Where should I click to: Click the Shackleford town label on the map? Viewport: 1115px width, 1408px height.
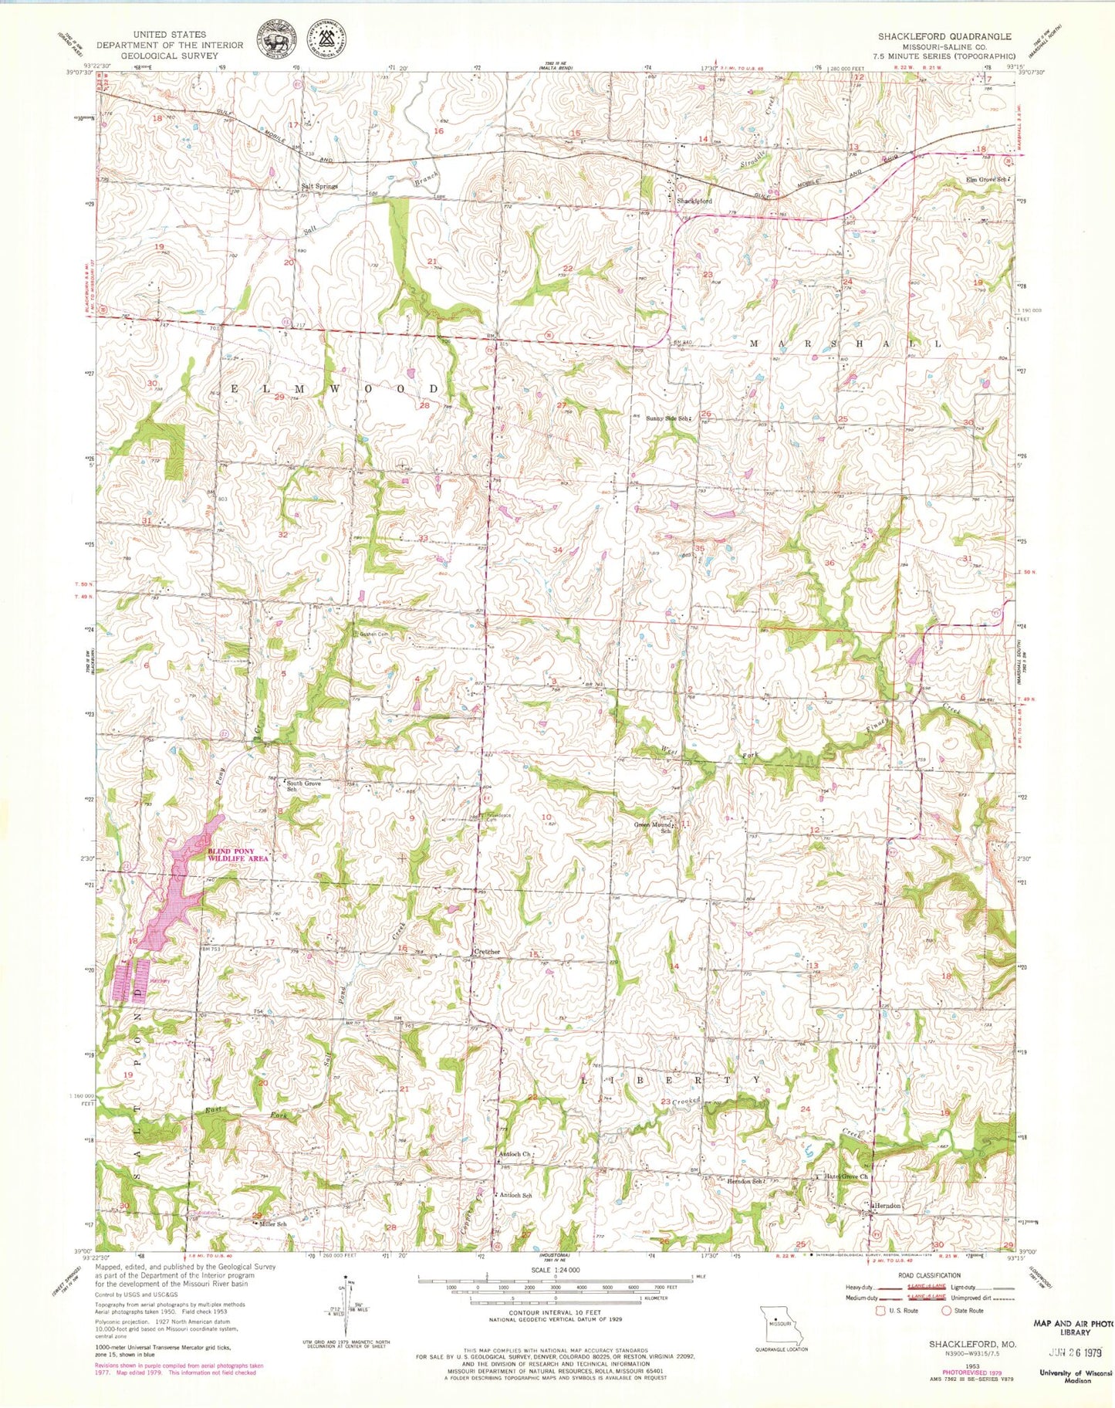tap(694, 201)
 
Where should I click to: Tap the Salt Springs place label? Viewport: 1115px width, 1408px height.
tap(319, 187)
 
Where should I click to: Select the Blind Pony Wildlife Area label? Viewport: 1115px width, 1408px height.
tap(238, 855)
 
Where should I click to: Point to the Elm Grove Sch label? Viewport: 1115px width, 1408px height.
tap(987, 180)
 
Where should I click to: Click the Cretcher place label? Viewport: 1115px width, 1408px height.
tap(487, 953)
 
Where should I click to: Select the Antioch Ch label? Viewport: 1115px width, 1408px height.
tap(515, 1155)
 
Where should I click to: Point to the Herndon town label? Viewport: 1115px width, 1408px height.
tap(887, 1205)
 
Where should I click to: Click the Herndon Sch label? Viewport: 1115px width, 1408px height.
tap(745, 1181)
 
